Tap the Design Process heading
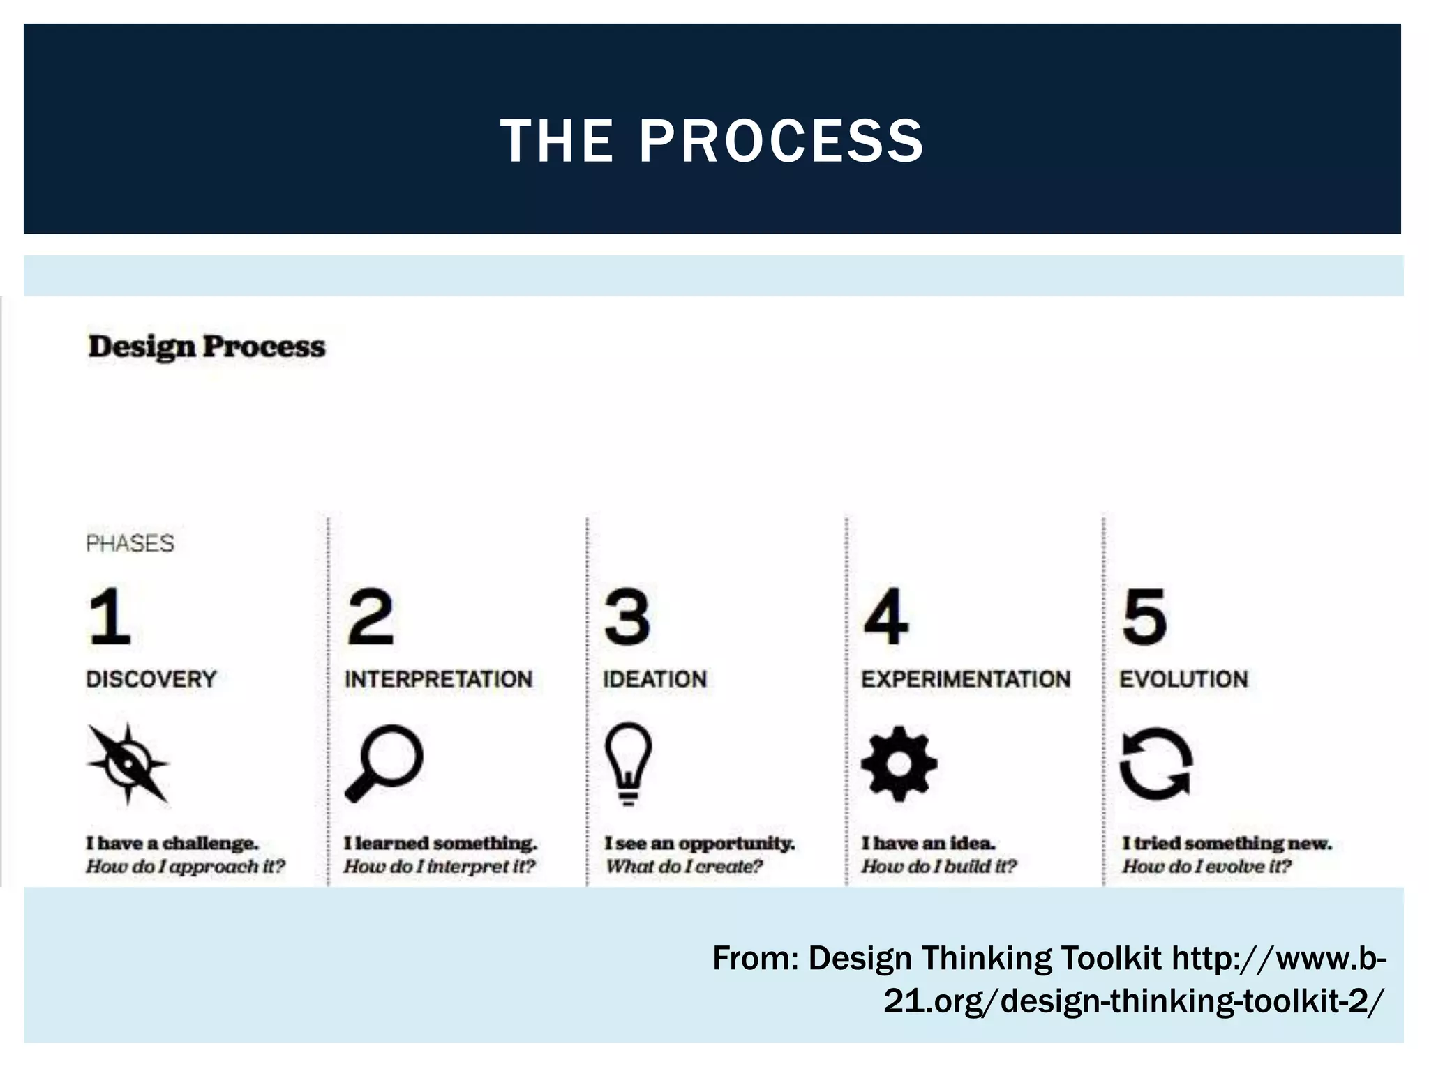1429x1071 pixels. pos(207,347)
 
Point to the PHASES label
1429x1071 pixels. pos(130,543)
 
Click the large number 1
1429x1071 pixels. pos(110,616)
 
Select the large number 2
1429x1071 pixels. pos(371,616)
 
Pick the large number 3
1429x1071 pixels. pos(627,616)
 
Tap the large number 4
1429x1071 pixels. pos(886,616)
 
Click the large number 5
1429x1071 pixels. pos(1144,616)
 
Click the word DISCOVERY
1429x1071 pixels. pos(151,678)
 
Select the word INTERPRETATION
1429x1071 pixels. pos(438,678)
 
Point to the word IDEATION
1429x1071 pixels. pos(654,678)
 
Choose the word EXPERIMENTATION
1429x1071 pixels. pos(966,678)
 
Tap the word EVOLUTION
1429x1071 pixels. pos(1183,678)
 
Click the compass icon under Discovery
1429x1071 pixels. pos(128,764)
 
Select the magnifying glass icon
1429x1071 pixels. pos(384,763)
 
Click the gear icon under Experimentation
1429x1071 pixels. pos(899,764)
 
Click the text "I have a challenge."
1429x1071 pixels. pos(172,843)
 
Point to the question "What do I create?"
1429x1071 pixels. pos(684,867)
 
